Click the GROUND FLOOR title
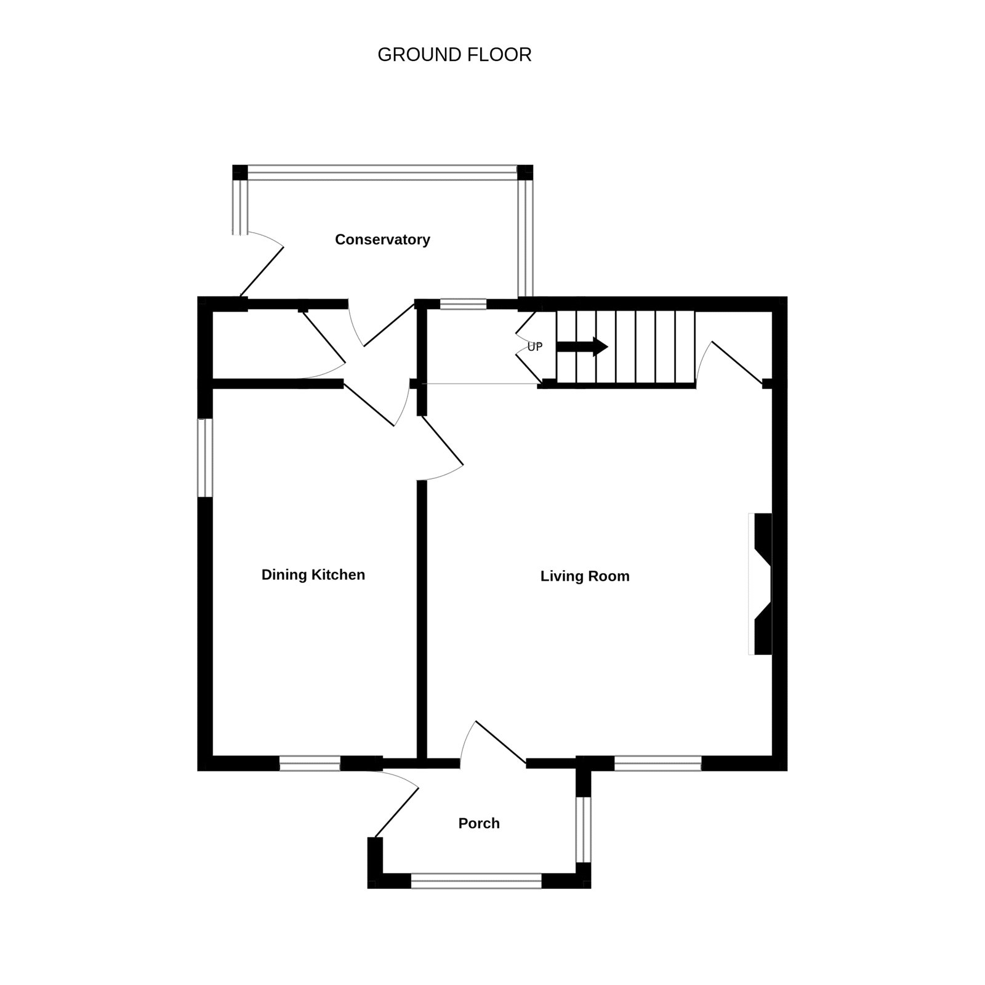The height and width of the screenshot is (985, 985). click(x=454, y=55)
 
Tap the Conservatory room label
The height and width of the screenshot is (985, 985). click(x=382, y=239)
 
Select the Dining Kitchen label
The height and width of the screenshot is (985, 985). click(x=313, y=575)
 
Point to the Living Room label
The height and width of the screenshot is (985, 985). click(x=585, y=576)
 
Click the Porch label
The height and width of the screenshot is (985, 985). click(x=479, y=824)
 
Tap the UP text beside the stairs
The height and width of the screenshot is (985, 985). click(x=535, y=347)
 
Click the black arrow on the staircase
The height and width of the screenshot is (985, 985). click(x=582, y=347)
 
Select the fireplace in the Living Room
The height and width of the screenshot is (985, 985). click(x=760, y=584)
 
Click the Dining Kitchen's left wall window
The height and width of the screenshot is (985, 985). click(x=205, y=457)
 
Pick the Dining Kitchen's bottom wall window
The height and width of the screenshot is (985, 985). click(x=310, y=764)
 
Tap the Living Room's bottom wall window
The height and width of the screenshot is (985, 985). click(x=658, y=764)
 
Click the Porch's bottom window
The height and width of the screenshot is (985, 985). click(x=476, y=881)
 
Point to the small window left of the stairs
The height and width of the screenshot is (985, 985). click(x=463, y=304)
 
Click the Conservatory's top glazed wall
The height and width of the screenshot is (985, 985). click(x=382, y=172)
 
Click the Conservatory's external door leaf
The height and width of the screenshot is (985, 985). click(x=262, y=271)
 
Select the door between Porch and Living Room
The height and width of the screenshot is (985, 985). click(x=501, y=742)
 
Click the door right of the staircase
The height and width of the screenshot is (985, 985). click(x=737, y=363)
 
